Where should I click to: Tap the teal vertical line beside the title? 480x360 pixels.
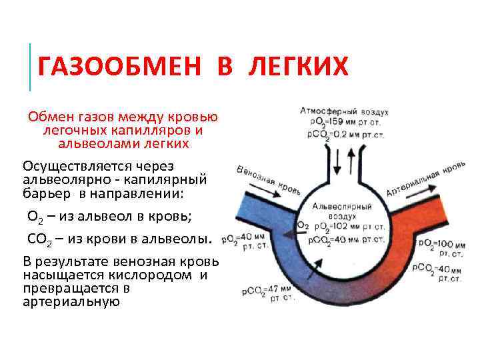pos(30,67)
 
